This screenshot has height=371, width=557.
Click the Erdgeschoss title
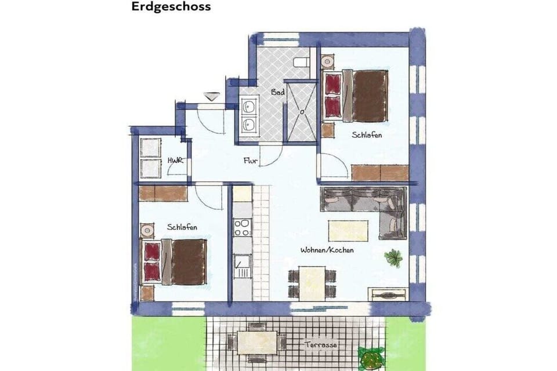pyautogui.click(x=171, y=7)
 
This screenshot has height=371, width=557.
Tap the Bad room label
pyautogui.click(x=278, y=92)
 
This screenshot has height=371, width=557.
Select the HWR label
pyautogui.click(x=175, y=161)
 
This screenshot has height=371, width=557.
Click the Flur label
pyautogui.click(x=251, y=161)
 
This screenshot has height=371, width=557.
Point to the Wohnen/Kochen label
pyautogui.click(x=327, y=250)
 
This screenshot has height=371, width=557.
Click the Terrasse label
pyautogui.click(x=320, y=344)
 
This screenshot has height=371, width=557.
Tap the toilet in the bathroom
pyautogui.click(x=301, y=63)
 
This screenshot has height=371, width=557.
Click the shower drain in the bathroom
pyautogui.click(x=302, y=112)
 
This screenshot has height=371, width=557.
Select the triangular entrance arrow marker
pyautogui.click(x=211, y=96)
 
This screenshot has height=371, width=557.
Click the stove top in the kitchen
pyautogui.click(x=243, y=228)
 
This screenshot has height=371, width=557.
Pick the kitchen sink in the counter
pyautogui.click(x=243, y=267)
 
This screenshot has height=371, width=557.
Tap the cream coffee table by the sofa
pyautogui.click(x=348, y=230)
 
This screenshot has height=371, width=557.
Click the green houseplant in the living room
pyautogui.click(x=393, y=257)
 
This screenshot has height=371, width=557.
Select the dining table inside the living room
pyautogui.click(x=312, y=283)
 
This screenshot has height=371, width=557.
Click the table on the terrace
pyautogui.click(x=257, y=343)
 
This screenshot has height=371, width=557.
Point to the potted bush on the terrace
pyautogui.click(x=371, y=358)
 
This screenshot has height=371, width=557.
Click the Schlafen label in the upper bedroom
pyautogui.click(x=367, y=135)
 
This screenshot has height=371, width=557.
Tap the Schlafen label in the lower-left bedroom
pyautogui.click(x=182, y=227)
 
